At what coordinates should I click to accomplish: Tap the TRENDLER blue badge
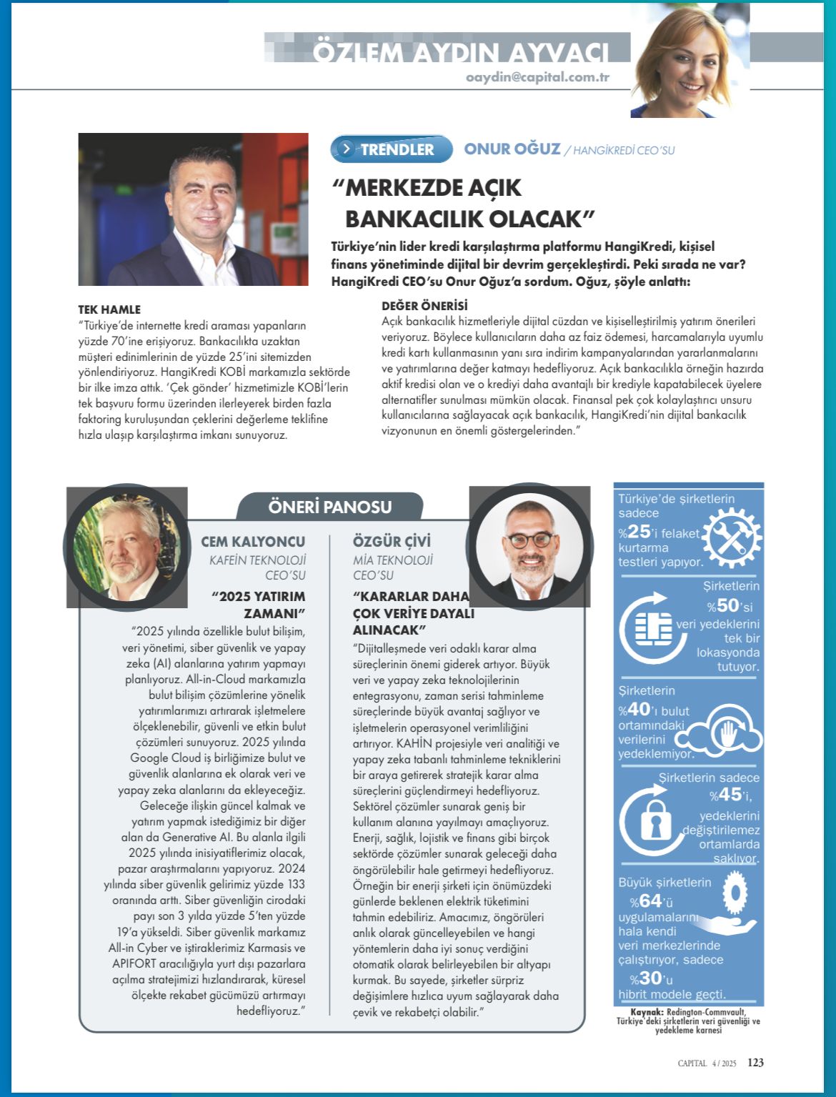[392, 149]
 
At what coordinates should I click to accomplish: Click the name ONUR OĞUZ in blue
[512, 149]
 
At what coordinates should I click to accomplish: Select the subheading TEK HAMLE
[109, 309]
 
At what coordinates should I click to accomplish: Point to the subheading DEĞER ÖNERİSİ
[424, 305]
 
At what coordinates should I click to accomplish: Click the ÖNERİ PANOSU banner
[330, 507]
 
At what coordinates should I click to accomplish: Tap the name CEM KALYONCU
[253, 542]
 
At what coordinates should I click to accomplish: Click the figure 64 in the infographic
[651, 901]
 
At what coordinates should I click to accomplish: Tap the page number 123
[755, 1063]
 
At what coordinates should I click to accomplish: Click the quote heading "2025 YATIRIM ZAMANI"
[259, 605]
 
